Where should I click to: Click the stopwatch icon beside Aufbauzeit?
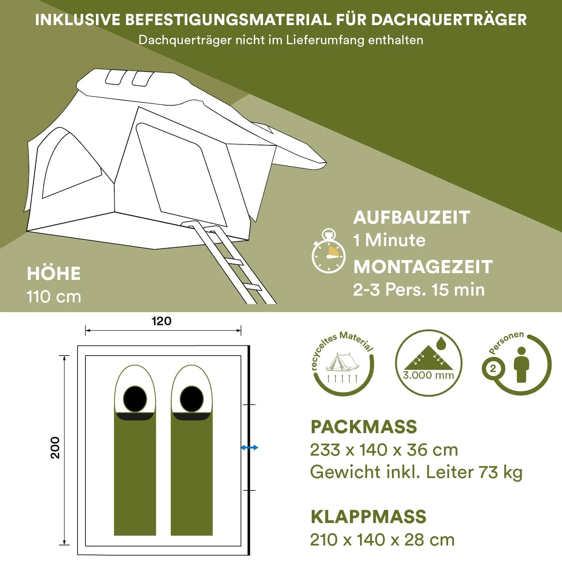pos(328,251)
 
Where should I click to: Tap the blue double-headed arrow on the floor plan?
pos(249,447)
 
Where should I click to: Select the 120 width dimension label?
pos(161,321)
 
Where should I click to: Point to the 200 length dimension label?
pos(55,447)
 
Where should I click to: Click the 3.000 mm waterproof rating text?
pos(428,375)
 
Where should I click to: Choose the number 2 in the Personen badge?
pos(493,369)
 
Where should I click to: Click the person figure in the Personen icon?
pos(521,365)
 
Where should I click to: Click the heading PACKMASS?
pos(364,427)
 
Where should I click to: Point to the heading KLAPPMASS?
pos(369,517)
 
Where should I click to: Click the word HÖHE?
pos(54,273)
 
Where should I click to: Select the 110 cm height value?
pos(54,297)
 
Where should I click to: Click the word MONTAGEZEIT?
pos(423,267)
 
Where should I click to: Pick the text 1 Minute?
pos(389,240)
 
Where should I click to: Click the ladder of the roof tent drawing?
pos(229,262)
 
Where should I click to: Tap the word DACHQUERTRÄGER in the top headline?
pos(450,19)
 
